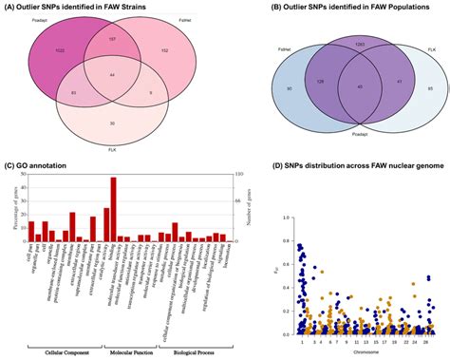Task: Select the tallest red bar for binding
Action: (x=114, y=208)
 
